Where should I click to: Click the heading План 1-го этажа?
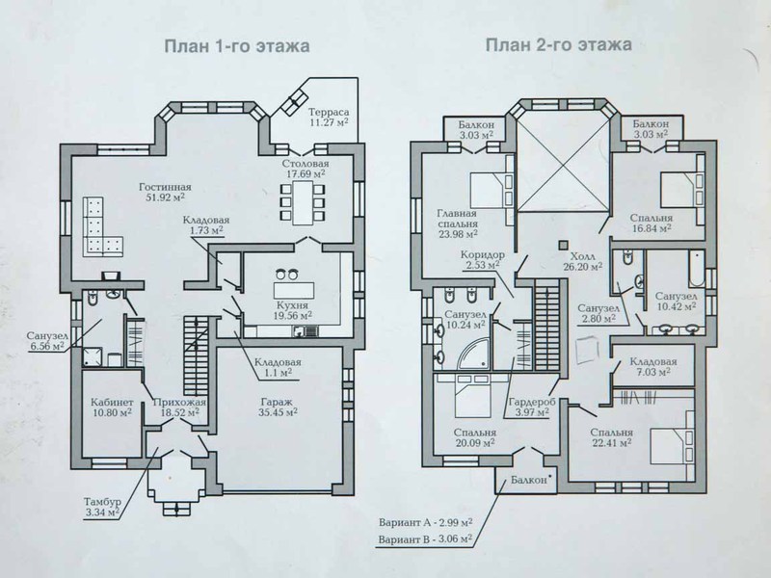(x=236, y=46)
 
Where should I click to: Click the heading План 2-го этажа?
(x=559, y=44)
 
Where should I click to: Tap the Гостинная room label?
(x=165, y=187)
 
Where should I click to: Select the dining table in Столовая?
(x=303, y=202)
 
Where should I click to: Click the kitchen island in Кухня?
(x=294, y=290)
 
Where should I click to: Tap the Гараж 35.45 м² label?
(x=278, y=407)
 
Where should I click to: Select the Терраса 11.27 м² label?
(x=329, y=117)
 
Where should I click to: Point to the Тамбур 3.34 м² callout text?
(x=102, y=508)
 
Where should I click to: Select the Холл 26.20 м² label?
(x=583, y=261)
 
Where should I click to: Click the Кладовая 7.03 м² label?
(x=653, y=367)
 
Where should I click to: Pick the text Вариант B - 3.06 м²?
(x=425, y=539)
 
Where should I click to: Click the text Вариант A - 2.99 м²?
(x=426, y=521)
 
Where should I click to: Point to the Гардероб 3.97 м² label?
(x=532, y=407)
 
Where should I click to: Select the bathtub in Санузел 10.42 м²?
(x=697, y=269)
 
